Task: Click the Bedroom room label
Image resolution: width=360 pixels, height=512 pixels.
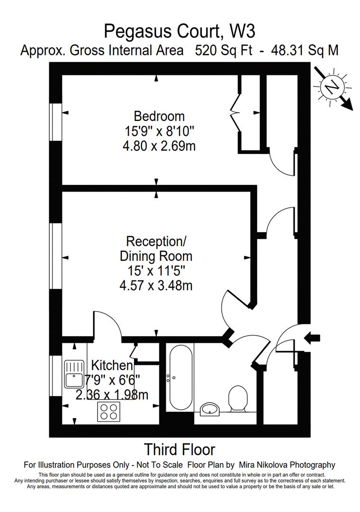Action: (x=159, y=116)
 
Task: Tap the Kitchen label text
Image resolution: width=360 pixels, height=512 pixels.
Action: (x=112, y=366)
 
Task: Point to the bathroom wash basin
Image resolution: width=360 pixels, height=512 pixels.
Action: (x=210, y=409)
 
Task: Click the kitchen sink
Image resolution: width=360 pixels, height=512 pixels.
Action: (x=74, y=374)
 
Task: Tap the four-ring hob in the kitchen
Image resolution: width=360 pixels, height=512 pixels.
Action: (x=109, y=411)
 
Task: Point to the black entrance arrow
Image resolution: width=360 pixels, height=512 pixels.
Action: (x=312, y=338)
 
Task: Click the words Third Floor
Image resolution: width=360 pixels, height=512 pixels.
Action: (x=180, y=449)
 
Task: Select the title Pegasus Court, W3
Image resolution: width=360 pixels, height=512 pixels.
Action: (x=180, y=32)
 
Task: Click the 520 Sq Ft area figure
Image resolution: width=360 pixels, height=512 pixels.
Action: (x=224, y=51)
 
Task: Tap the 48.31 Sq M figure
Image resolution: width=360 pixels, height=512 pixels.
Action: (x=305, y=51)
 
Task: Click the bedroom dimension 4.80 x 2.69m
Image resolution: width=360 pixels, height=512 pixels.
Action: (x=159, y=146)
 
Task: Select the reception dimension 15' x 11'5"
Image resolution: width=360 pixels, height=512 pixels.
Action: (x=156, y=271)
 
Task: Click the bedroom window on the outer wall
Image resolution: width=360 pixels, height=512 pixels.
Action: (x=56, y=122)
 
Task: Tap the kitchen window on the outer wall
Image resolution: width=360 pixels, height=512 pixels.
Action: (x=56, y=375)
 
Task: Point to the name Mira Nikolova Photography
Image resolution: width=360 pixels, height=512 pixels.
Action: (x=287, y=465)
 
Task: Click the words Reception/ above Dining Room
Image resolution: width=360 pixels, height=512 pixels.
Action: (x=156, y=242)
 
